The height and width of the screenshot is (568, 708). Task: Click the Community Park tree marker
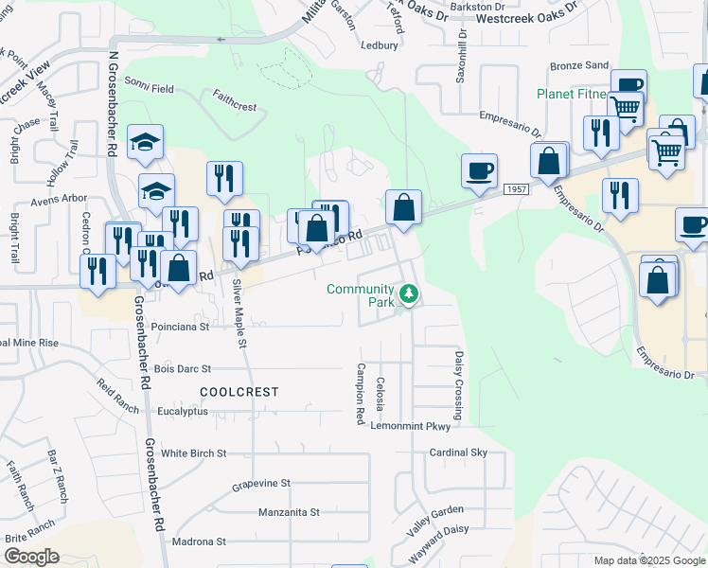click(409, 294)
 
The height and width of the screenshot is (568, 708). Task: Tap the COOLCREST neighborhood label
click(239, 391)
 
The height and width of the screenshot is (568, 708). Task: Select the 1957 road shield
click(515, 190)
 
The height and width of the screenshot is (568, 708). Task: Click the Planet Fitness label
click(572, 94)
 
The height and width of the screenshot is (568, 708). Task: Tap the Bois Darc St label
click(182, 368)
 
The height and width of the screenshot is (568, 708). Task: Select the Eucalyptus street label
click(183, 412)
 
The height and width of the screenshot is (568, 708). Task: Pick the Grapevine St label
click(261, 483)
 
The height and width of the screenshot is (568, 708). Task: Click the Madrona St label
click(199, 541)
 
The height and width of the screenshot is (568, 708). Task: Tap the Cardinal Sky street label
click(458, 453)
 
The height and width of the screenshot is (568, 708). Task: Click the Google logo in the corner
click(31, 557)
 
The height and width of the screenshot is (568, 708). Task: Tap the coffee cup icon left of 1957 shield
click(479, 170)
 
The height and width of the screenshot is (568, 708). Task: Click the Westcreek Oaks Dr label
click(526, 18)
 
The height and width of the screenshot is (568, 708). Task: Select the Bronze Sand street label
click(580, 65)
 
